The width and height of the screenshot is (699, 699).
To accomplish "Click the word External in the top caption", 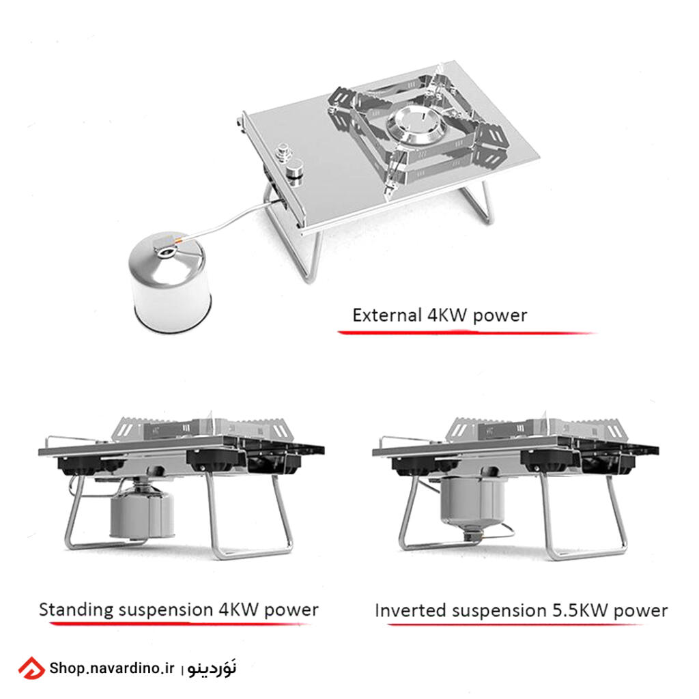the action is [x=387, y=315].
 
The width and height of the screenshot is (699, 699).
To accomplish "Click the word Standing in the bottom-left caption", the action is [x=76, y=610].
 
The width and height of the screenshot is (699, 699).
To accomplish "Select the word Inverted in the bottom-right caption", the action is [x=410, y=610].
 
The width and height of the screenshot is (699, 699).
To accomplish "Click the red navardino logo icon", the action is [x=31, y=668].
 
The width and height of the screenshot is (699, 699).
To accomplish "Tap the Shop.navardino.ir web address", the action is [x=111, y=668].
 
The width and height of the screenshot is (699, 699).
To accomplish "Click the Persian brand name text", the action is [x=212, y=668].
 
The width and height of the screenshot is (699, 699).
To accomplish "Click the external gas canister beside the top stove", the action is [x=170, y=281].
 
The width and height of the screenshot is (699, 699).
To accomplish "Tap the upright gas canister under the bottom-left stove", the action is [x=142, y=511].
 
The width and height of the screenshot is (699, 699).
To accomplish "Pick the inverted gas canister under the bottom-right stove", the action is [x=472, y=502].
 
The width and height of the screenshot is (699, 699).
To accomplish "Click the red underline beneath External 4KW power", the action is [x=466, y=332].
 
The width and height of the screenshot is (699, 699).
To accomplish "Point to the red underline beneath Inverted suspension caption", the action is [x=515, y=624].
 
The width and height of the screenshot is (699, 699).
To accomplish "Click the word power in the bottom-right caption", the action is [x=640, y=611].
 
